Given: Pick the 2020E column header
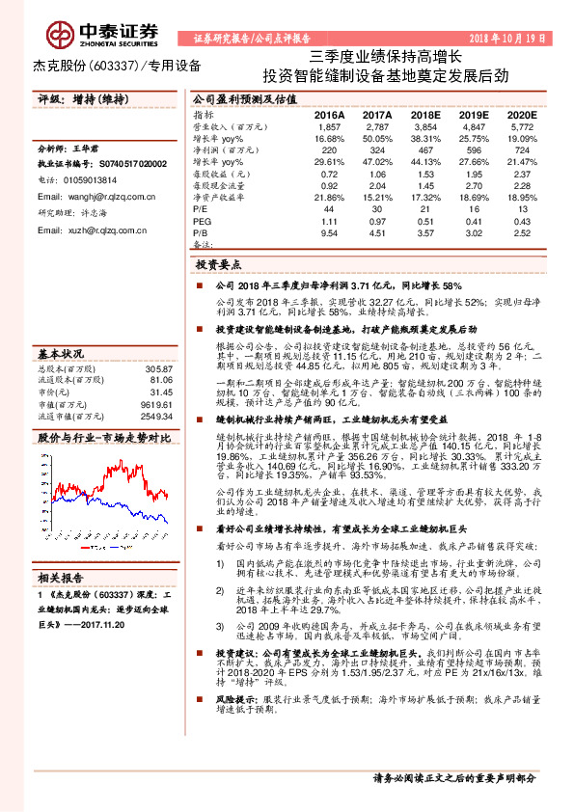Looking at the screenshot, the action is tap(522, 114).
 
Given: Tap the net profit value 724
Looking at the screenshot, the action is tap(522, 149).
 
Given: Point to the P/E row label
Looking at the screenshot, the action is tap(201, 207).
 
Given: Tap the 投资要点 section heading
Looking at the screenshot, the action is tap(218, 263).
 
